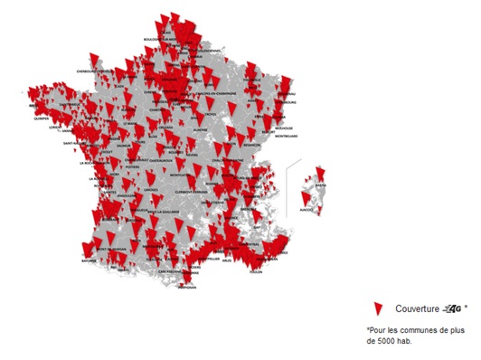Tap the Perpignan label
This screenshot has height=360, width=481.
186,287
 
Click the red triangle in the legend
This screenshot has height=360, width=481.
378,308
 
